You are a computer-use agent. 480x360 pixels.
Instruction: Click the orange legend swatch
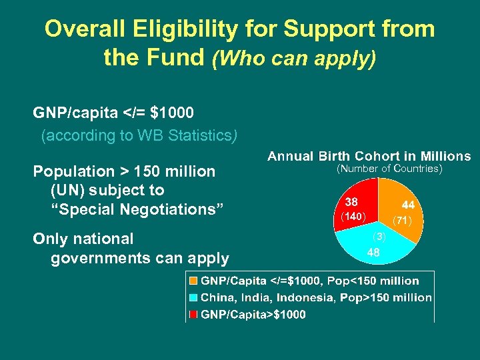pos(193,281)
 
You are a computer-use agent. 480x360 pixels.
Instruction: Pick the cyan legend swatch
pos(193,298)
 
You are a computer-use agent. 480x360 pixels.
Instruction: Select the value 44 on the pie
pos(409,206)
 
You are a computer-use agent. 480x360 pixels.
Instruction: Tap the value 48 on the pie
pos(373,253)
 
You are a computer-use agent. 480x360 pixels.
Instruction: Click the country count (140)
pos(352,217)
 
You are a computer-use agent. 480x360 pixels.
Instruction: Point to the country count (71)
pos(402,219)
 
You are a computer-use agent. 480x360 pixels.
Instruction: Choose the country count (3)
pos(379,237)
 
